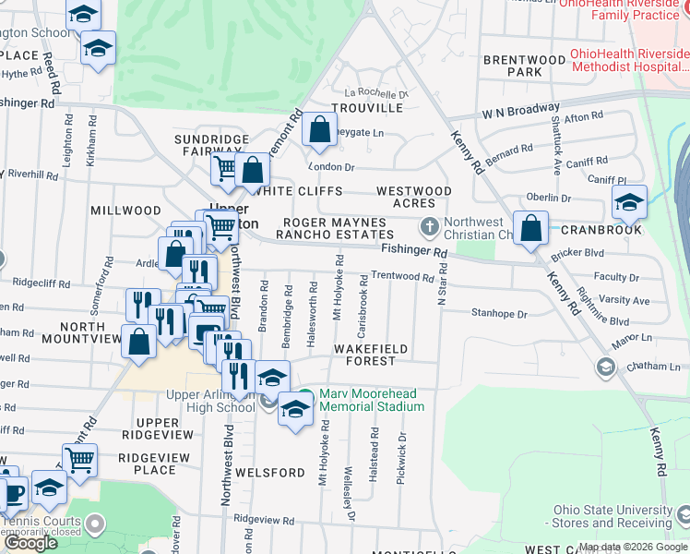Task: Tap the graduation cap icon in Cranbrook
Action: coord(629,201)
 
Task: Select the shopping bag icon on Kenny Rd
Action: coord(530,230)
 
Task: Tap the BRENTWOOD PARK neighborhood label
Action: coord(524,66)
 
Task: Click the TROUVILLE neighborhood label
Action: coord(373,108)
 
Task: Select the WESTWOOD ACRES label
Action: coord(414,197)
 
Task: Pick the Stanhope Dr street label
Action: coord(498,314)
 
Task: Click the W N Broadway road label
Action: coord(519,112)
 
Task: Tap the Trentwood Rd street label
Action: coord(401,277)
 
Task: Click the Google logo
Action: coord(30,543)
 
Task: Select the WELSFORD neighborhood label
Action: coord(269,473)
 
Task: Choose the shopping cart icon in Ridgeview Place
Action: coord(80,459)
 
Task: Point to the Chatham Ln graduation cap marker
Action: coord(605,367)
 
